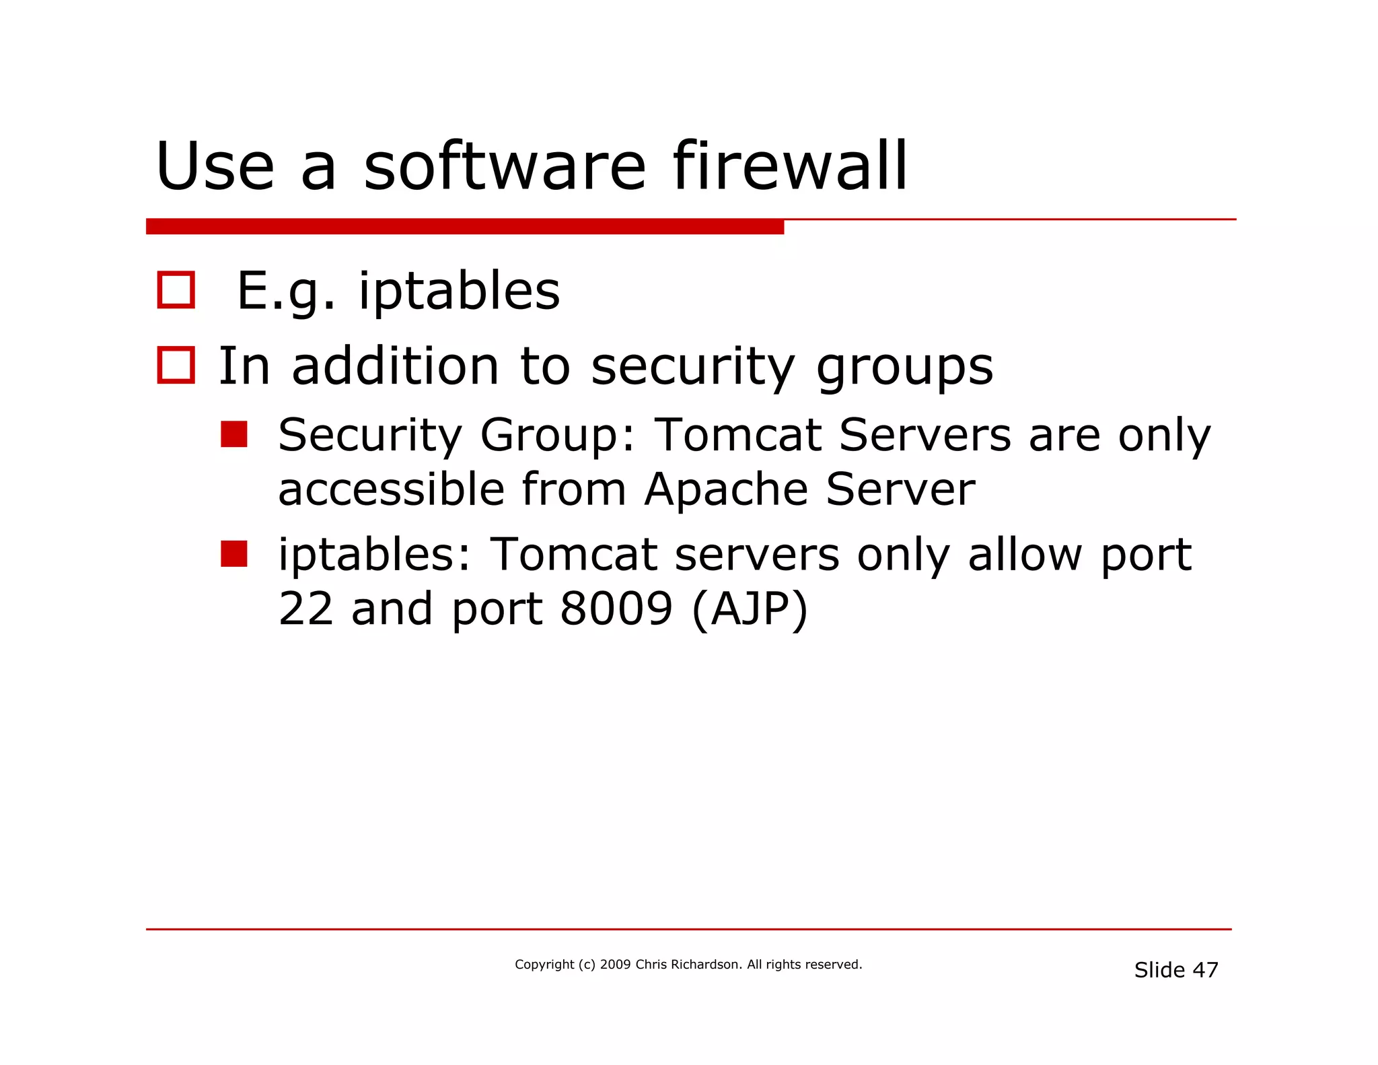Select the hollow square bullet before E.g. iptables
tap(176, 290)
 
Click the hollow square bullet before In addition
tap(176, 366)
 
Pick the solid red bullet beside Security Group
tap(234, 434)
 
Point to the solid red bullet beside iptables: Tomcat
tap(234, 553)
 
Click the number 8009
tap(616, 608)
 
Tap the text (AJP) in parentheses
tap(750, 609)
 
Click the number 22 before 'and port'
tap(305, 608)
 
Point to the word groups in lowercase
tap(904, 368)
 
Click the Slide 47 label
tap(1175, 970)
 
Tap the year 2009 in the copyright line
tap(615, 965)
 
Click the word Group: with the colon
tap(558, 435)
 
